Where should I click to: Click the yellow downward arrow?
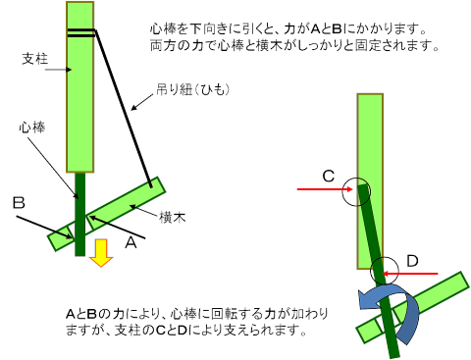[x=101, y=253]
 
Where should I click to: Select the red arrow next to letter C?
[x=325, y=189]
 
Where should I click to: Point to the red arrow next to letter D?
[x=410, y=274]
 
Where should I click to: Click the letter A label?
[x=131, y=242]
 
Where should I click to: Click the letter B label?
[x=19, y=203]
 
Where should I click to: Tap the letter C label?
[x=329, y=176]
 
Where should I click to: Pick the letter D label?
[x=412, y=261]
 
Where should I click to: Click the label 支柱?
[x=35, y=59]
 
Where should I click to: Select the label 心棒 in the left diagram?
[x=32, y=128]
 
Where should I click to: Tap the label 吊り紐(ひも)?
[x=192, y=89]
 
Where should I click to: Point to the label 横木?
[x=173, y=217]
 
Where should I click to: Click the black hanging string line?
[x=124, y=109]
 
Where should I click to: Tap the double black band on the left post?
[x=81, y=32]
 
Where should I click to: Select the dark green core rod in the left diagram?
[x=80, y=214]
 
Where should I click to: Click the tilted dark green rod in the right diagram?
[x=379, y=272]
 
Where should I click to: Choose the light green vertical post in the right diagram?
[x=370, y=181]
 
